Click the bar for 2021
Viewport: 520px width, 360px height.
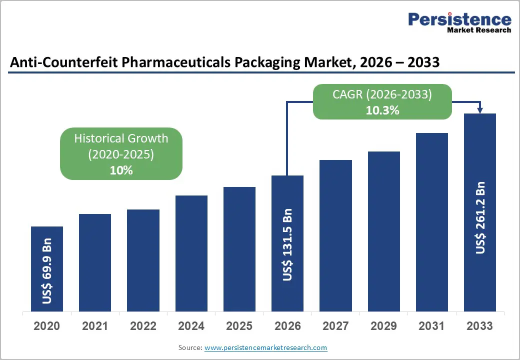[x=95, y=262]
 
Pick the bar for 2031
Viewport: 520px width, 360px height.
[x=431, y=222]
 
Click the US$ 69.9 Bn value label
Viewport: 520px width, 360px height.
[x=47, y=274]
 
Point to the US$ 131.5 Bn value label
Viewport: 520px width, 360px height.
[x=287, y=244]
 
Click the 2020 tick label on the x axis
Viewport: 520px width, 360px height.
[x=47, y=326]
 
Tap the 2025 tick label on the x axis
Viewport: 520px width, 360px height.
[x=239, y=326]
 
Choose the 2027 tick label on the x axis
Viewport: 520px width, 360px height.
[x=335, y=326]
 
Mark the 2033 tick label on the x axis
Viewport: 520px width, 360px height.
[x=479, y=326]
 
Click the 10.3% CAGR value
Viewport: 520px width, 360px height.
[x=382, y=110]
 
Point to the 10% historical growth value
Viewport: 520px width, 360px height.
[x=121, y=170]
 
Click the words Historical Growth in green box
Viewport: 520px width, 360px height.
[x=121, y=138]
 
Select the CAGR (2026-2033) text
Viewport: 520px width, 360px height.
[x=382, y=94]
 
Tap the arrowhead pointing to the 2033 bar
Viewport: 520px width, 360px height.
[x=480, y=110]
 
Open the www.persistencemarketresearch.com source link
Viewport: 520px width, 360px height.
[x=265, y=347]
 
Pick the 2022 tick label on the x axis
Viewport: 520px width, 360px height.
[x=143, y=326]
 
